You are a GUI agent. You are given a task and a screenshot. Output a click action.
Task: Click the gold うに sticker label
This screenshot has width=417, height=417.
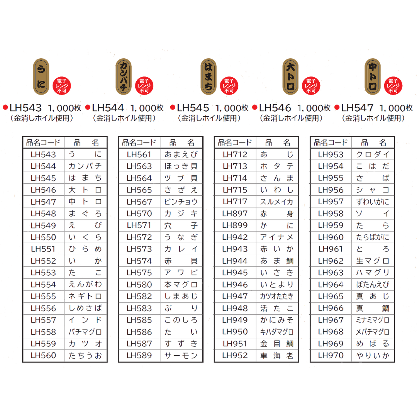(41, 76)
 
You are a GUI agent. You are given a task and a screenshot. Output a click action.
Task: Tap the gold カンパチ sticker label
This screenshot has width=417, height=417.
(124, 76)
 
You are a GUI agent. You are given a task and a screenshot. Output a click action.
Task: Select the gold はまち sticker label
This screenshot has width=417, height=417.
(208, 76)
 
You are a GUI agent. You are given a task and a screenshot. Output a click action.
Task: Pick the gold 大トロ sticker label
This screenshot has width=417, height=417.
(290, 76)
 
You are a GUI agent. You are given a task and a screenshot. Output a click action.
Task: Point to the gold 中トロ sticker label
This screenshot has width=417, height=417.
(373, 76)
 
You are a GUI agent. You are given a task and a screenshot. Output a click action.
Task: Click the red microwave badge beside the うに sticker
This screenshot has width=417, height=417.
(62, 86)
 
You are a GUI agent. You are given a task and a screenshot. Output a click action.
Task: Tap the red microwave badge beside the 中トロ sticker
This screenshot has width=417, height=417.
(393, 86)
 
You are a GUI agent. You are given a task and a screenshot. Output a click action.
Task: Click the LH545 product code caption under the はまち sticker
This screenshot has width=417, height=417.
(193, 108)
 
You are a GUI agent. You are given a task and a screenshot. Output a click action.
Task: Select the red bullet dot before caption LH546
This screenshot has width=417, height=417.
(255, 107)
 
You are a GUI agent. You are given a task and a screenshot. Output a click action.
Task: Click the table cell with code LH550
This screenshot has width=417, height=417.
(44, 237)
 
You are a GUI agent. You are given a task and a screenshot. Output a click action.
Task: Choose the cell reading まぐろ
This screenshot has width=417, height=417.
(85, 214)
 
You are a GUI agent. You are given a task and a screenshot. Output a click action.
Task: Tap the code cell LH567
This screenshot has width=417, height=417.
(139, 202)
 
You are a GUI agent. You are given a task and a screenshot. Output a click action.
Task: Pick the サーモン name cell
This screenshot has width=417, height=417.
(181, 356)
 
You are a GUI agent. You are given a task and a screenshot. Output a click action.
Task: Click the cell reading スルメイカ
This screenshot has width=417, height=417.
(277, 202)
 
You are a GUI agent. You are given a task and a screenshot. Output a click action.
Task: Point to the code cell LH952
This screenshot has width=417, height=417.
(235, 356)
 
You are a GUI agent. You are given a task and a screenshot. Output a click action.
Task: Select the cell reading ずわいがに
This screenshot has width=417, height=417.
(373, 202)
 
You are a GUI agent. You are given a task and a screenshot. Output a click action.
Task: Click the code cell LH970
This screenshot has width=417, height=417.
(331, 356)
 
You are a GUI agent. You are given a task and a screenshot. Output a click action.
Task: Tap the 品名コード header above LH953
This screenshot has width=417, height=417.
(331, 142)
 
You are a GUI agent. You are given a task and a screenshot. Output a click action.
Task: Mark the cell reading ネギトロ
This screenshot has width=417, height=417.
(85, 296)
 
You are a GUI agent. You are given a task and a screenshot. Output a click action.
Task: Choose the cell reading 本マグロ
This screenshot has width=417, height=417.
(181, 285)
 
